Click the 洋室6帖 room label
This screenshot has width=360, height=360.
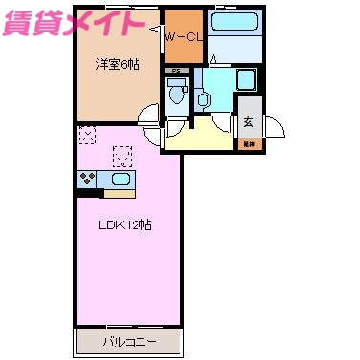coord(111,65)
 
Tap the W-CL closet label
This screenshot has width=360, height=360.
coord(181,36)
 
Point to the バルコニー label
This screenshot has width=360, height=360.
coord(128,341)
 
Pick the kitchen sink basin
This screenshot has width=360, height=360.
coord(122,179)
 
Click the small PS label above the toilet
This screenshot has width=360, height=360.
coord(175,71)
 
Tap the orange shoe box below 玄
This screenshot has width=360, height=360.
coord(246,143)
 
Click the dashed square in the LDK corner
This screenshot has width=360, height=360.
coord(88,136)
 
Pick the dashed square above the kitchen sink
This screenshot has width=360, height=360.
coord(121,154)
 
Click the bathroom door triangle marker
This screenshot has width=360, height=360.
coord(213,60)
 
